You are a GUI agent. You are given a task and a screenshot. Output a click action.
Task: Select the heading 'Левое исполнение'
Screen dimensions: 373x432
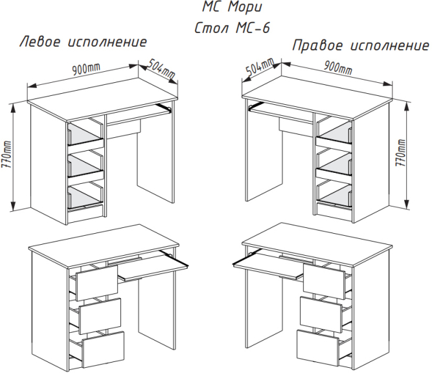coord(84,43)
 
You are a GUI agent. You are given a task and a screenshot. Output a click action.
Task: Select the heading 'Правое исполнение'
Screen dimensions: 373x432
coord(361,46)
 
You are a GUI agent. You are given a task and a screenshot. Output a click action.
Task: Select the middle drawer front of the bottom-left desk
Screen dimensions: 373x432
coord(100,315)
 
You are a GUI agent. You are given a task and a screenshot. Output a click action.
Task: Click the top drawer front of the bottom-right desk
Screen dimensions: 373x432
coord(323,280)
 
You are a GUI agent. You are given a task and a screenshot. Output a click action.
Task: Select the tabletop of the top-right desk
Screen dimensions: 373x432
coord(321,90)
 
